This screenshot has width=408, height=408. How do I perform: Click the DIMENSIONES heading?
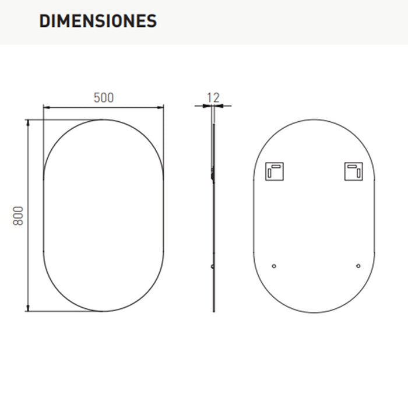point(98,21)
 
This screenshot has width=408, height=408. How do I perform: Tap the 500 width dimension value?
point(104,97)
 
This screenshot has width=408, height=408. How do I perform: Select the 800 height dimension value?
point(18,216)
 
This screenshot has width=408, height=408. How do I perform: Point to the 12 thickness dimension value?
point(213,97)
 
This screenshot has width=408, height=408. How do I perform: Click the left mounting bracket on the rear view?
point(275,171)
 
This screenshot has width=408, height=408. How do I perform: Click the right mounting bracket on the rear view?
point(353,171)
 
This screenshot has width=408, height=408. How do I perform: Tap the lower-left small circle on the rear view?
point(274,266)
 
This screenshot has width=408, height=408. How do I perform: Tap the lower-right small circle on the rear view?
point(358,266)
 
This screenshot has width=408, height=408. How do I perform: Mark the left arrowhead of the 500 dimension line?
point(47,107)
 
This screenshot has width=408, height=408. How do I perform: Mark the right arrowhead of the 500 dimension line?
point(160,107)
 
